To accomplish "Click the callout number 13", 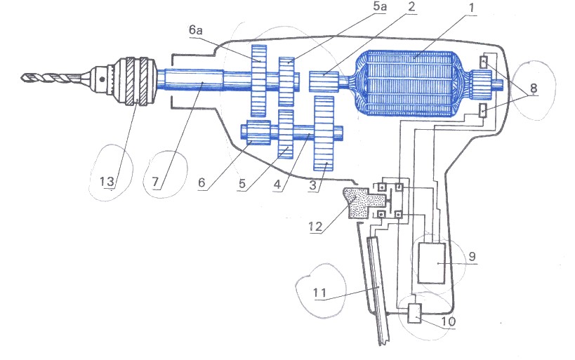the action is point(107,182).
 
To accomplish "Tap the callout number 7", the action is point(155,181).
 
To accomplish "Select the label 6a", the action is point(195,29).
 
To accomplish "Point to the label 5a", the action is point(380,6).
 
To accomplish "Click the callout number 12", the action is point(315,226).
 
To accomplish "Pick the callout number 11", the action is point(319,293).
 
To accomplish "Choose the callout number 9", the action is point(472,256).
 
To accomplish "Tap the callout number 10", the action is point(448,321).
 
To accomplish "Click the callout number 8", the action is point(534,88).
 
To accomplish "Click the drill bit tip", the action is point(22,78).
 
